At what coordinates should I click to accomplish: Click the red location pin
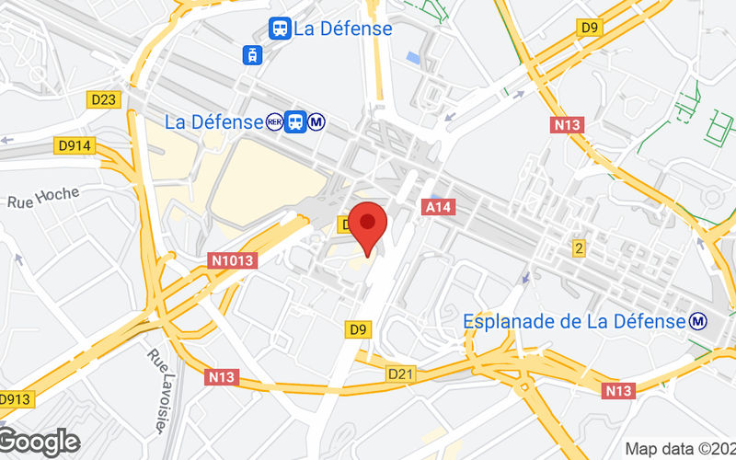click(369, 225)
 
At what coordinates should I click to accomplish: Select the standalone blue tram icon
click(251, 54)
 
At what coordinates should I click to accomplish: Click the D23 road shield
click(106, 98)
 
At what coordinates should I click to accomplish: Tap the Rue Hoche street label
click(43, 197)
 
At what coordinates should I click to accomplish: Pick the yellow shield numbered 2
click(579, 247)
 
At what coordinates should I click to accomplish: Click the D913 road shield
click(14, 399)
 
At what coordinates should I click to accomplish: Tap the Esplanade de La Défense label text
click(574, 321)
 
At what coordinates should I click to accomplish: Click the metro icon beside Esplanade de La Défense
click(699, 321)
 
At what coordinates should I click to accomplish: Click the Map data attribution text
click(679, 449)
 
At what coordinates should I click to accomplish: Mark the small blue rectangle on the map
click(412, 58)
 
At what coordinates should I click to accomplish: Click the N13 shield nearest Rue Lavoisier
click(222, 376)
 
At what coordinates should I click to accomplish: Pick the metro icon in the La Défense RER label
click(316, 121)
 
